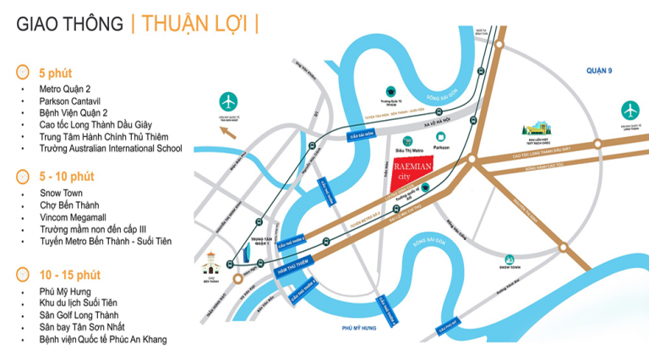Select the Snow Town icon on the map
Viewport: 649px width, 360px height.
click(508, 260)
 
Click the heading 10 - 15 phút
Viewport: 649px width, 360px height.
click(70, 275)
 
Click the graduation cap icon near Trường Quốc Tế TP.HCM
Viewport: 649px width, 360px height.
click(390, 89)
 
